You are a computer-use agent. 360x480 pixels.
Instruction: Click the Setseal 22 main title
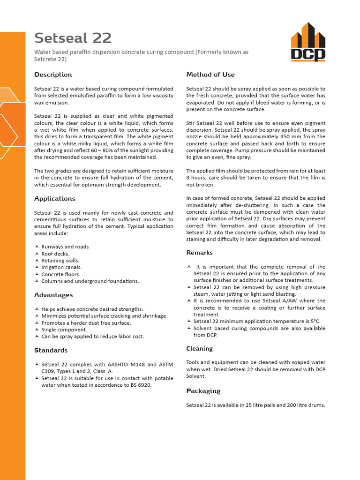(73, 38)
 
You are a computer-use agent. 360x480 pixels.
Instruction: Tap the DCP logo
(307, 43)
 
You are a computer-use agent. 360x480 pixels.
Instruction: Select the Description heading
(53, 75)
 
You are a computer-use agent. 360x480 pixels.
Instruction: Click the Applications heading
(54, 199)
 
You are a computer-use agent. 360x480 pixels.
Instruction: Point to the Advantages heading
(53, 295)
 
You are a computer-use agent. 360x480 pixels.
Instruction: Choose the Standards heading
(51, 350)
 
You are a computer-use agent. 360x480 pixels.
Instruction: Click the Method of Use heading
(210, 75)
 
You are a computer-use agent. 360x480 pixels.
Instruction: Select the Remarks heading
(199, 253)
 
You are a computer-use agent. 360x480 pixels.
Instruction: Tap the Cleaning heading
(199, 348)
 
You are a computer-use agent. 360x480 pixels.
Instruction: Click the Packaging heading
(203, 391)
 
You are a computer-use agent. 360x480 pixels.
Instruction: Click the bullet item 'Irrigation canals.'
(61, 267)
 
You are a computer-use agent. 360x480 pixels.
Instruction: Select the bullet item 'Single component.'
(64, 330)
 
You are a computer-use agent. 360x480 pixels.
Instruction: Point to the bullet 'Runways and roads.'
(66, 247)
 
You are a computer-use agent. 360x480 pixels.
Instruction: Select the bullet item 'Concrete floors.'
(61, 274)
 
